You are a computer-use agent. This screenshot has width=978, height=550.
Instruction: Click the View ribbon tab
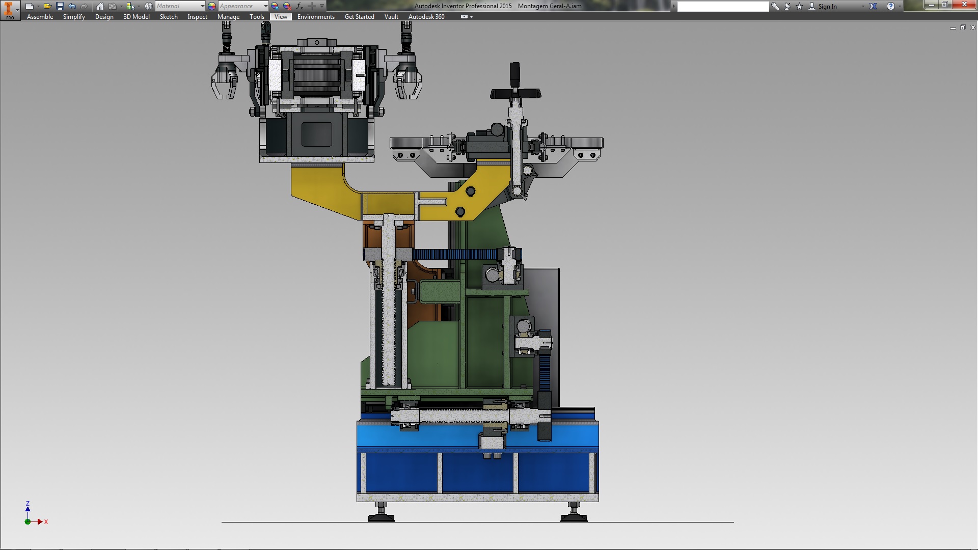pyautogui.click(x=281, y=17)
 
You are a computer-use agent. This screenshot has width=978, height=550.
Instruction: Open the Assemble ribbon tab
pyautogui.click(x=40, y=17)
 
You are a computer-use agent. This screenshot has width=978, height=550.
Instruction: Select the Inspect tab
pyautogui.click(x=197, y=17)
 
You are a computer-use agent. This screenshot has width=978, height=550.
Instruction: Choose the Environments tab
pyautogui.click(x=316, y=17)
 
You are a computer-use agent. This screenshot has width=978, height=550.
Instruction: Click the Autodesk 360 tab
pyautogui.click(x=426, y=17)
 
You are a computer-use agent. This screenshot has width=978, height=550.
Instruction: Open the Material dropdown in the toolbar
pyautogui.click(x=180, y=6)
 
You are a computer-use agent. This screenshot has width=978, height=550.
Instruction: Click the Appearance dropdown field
pyautogui.click(x=243, y=6)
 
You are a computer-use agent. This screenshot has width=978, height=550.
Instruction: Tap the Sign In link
pyautogui.click(x=827, y=7)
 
